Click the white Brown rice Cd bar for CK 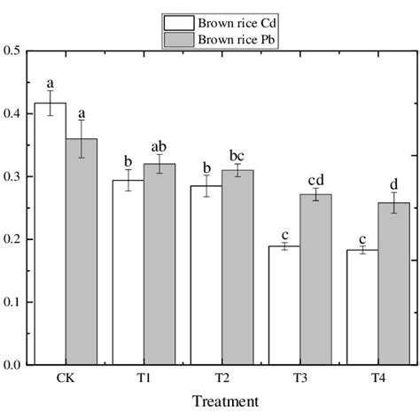click(50, 234)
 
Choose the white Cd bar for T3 click(284, 305)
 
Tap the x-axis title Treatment click(224, 401)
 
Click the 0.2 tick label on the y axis click(14, 239)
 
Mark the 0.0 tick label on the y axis click(14, 364)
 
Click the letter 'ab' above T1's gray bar click(159, 147)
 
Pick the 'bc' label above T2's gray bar click(238, 154)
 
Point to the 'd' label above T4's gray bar click(394, 183)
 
